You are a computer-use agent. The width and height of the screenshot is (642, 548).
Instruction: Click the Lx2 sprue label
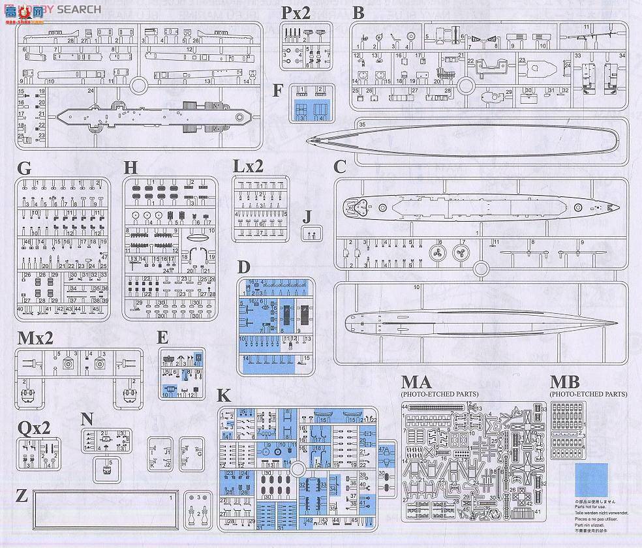click(x=248, y=166)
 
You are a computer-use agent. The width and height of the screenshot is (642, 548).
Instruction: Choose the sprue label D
click(x=243, y=267)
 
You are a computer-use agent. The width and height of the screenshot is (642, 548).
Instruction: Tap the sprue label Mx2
click(x=37, y=338)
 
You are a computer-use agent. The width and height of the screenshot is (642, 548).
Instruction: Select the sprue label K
click(x=224, y=395)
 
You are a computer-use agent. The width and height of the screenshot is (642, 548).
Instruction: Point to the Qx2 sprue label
click(x=33, y=428)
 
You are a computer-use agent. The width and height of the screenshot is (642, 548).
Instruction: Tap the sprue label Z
click(x=21, y=496)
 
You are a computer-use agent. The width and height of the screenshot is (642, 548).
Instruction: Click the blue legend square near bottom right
click(x=591, y=480)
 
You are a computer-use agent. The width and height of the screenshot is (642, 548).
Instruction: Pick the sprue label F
click(x=278, y=89)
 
